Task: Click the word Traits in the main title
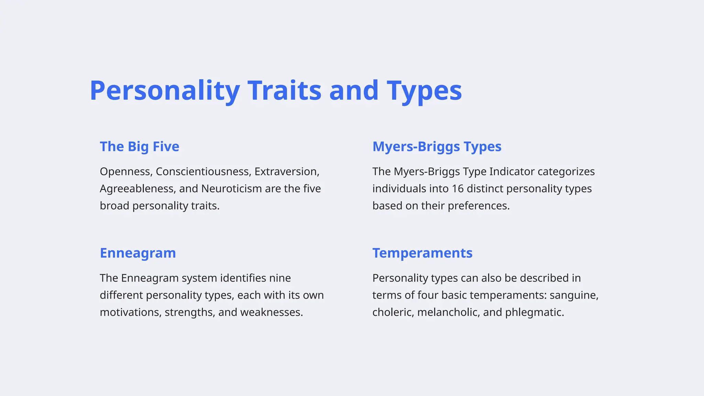click(x=284, y=90)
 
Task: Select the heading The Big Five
click(x=139, y=146)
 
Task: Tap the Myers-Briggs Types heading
click(x=437, y=146)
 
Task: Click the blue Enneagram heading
click(x=137, y=253)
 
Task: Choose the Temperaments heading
click(x=422, y=253)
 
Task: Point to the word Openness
click(x=126, y=172)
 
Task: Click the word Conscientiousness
click(x=203, y=172)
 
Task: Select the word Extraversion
click(x=287, y=172)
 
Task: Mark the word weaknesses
click(x=271, y=312)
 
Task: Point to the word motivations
click(x=130, y=312)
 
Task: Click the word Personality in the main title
click(x=165, y=90)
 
